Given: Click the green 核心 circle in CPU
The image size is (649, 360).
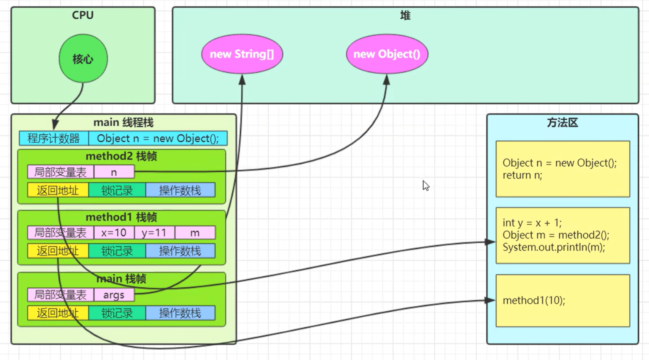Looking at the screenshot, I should [83, 59].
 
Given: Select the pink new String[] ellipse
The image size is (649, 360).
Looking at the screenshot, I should [242, 54].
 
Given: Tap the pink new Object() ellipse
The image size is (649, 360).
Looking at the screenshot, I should [387, 54].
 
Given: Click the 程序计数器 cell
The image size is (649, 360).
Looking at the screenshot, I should [54, 138].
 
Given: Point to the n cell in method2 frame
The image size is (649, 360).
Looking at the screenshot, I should [114, 172].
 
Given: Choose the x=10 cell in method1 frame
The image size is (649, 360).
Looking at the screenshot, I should [114, 233].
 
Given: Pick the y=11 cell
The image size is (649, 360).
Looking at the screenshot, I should [154, 233].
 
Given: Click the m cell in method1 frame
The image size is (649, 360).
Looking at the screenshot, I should [195, 233].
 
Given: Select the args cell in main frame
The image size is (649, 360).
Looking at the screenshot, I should [114, 295].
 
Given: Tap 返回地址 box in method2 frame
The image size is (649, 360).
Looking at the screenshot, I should [58, 190].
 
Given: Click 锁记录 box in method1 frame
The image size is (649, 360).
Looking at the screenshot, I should [117, 251].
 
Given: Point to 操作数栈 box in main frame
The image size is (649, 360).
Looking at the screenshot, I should [180, 313].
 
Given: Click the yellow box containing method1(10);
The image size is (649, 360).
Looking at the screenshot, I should [562, 300].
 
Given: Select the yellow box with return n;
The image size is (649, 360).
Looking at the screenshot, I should [562, 169].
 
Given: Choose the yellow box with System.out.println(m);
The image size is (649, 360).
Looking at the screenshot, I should [562, 235].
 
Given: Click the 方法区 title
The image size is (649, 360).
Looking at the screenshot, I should [562, 123].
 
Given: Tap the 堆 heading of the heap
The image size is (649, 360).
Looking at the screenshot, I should [405, 15].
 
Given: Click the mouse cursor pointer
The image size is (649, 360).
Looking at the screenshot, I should [426, 185].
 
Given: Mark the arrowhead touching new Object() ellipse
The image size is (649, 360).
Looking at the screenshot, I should [386, 79].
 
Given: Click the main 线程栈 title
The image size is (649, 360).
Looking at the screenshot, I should [123, 122].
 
